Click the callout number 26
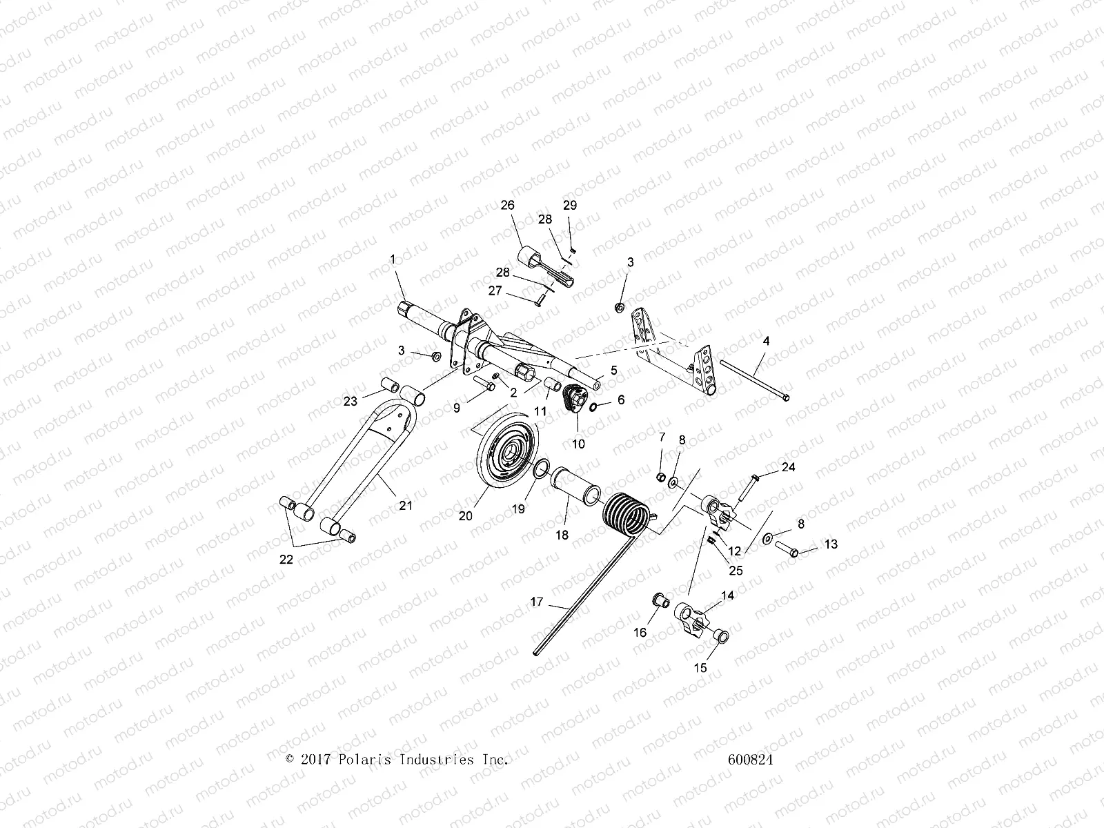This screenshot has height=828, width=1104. pyautogui.click(x=508, y=206)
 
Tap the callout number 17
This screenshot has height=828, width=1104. pyautogui.click(x=537, y=602)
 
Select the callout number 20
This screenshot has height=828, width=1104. pyautogui.click(x=466, y=515)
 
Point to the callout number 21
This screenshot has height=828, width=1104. pyautogui.click(x=406, y=505)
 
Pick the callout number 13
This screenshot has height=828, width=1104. pyautogui.click(x=831, y=544)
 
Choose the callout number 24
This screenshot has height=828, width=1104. pyautogui.click(x=788, y=467)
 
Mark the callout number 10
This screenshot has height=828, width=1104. pyautogui.click(x=578, y=444)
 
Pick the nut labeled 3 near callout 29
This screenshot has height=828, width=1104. pyautogui.click(x=620, y=306)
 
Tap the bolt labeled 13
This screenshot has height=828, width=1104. pyautogui.click(x=789, y=550)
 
